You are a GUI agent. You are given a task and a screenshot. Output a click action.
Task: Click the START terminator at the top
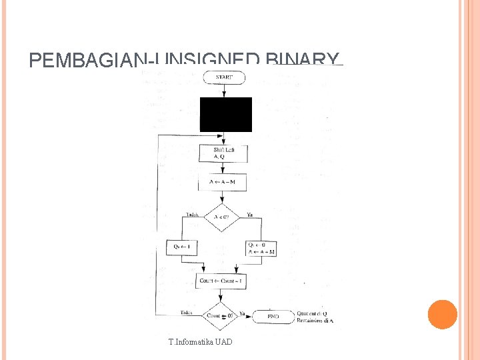pos(224,77)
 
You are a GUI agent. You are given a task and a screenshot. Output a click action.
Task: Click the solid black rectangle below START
pos(225,114)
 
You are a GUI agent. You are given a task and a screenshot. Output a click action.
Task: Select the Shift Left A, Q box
pos(223,153)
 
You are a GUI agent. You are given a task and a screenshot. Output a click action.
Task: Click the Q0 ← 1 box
pos(182,247)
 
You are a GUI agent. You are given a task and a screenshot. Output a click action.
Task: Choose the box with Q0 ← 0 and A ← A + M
pos(261,248)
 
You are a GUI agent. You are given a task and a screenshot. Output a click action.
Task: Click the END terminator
pos(273,316)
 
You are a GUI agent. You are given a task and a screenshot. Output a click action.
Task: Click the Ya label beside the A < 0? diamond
pos(249,215)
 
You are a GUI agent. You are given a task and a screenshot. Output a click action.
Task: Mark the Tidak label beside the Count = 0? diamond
pos(187,312)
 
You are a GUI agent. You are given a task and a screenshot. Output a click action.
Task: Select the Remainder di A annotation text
pos(315,321)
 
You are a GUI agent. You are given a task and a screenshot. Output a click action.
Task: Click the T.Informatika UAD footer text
pos(201,342)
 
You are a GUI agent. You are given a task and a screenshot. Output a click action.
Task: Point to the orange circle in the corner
pos(442,315)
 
